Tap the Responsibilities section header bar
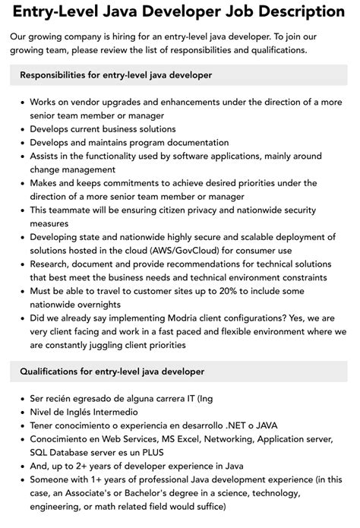[x=180, y=75]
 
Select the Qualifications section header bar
[x=180, y=371]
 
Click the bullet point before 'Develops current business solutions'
[x=21, y=128]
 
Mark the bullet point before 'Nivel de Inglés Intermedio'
[x=21, y=412]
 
